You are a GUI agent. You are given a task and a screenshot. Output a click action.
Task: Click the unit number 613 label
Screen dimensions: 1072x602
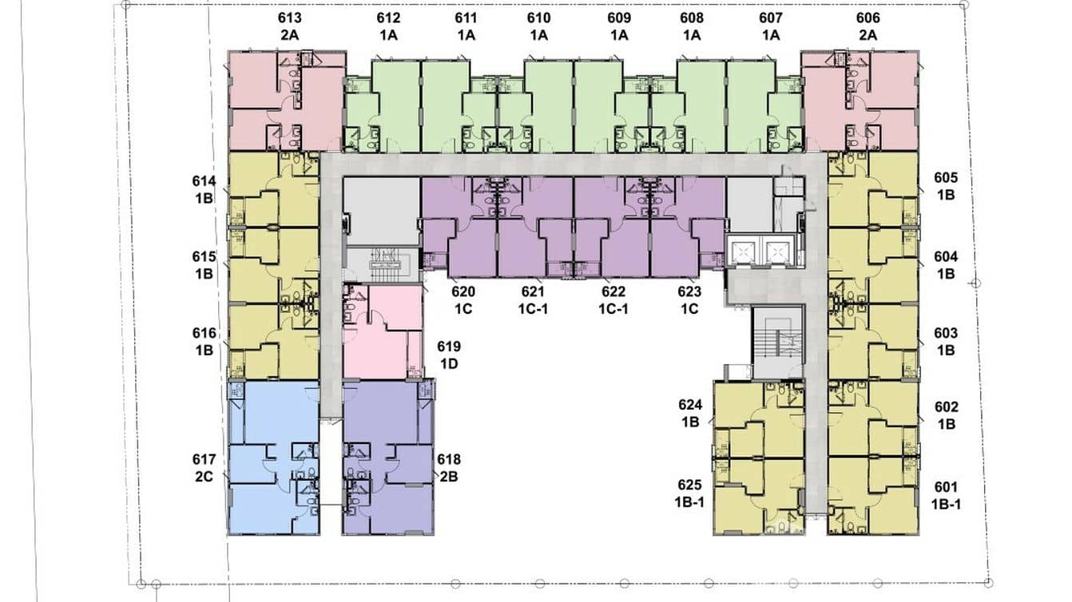(x=289, y=18)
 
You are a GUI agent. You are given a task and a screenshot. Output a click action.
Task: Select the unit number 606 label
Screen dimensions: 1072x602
(x=868, y=18)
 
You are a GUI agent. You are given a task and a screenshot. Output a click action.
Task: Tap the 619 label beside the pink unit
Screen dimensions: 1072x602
(x=448, y=347)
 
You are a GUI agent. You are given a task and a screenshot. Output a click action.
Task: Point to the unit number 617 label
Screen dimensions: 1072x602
(x=204, y=460)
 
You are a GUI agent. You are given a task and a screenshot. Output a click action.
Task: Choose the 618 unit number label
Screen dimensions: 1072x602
(x=448, y=460)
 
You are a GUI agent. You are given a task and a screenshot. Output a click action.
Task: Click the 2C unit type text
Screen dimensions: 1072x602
(x=204, y=477)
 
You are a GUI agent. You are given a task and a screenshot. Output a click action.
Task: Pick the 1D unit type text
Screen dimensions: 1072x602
(x=449, y=364)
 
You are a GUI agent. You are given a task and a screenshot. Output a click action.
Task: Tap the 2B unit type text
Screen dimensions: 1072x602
(x=449, y=477)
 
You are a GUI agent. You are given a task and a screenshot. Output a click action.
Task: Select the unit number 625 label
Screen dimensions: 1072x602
(x=689, y=485)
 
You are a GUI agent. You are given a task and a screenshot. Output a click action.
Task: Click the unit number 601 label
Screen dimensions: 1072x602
(x=946, y=487)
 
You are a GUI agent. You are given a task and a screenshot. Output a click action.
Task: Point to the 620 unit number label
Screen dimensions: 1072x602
(x=463, y=291)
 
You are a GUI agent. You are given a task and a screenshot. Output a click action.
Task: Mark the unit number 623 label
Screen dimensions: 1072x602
(x=689, y=291)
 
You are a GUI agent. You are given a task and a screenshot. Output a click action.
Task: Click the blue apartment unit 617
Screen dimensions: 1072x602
(x=274, y=457)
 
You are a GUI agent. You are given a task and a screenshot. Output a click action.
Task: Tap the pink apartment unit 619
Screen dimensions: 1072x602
(x=383, y=331)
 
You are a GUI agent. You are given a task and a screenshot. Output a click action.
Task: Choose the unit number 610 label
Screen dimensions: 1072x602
(x=538, y=18)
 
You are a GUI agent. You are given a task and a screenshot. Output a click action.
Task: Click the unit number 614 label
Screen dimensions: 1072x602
(x=204, y=181)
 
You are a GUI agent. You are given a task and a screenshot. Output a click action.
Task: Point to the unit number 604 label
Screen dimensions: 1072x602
(x=946, y=257)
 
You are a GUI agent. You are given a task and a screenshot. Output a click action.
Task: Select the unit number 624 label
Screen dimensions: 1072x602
(x=690, y=405)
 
